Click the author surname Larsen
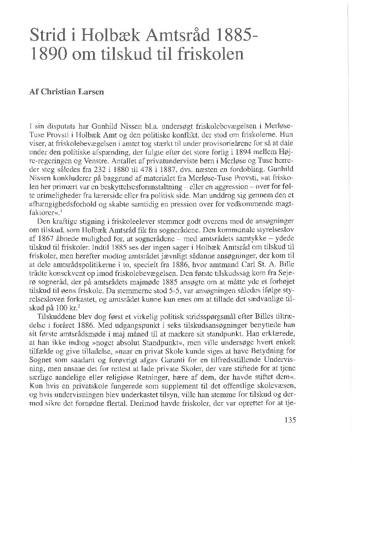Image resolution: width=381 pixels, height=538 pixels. point(92,92)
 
